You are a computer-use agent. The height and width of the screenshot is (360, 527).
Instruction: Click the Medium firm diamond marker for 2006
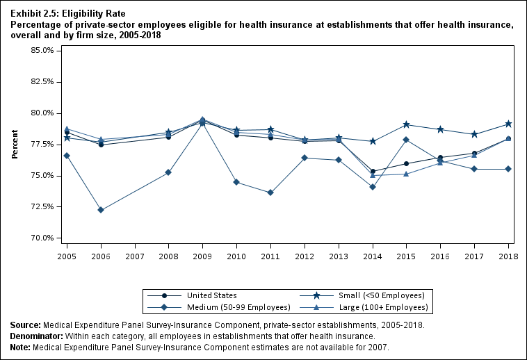[x=101, y=210]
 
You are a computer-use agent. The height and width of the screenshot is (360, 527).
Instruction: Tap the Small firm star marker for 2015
[x=407, y=124]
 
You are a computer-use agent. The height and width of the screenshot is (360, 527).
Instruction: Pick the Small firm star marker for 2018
[x=508, y=124]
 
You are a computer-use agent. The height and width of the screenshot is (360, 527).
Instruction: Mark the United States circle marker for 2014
[x=373, y=172]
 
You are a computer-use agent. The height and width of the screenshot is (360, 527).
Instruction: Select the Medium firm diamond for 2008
[x=169, y=172]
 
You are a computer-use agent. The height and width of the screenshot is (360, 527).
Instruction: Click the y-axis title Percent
[x=15, y=144]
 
